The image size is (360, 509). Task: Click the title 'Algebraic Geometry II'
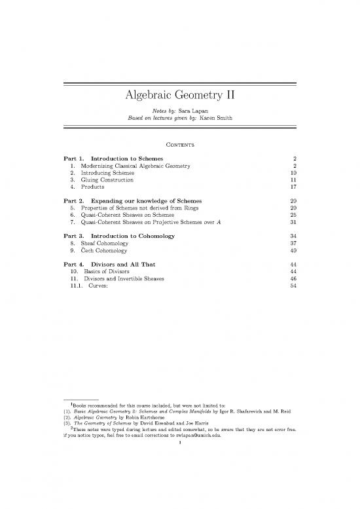pyautogui.click(x=179, y=97)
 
